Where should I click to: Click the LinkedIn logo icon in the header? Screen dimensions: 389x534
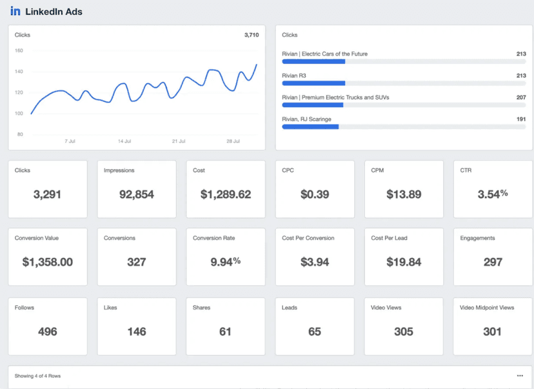click(x=15, y=12)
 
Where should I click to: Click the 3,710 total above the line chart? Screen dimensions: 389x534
click(x=252, y=35)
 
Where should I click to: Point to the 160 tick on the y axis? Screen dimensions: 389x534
click(x=19, y=50)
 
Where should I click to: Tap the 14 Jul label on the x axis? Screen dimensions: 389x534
click(x=124, y=141)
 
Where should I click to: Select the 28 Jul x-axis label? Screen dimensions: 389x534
click(x=233, y=141)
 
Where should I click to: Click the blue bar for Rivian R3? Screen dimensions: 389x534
click(x=313, y=83)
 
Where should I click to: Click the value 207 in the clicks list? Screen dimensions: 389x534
click(x=521, y=97)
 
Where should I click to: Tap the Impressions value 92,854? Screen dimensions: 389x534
click(x=137, y=194)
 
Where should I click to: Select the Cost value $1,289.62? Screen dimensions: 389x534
click(x=226, y=194)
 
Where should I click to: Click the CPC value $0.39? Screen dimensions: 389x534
click(x=315, y=194)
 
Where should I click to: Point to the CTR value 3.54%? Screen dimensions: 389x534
click(x=493, y=194)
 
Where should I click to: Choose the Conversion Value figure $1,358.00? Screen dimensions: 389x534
click(x=48, y=262)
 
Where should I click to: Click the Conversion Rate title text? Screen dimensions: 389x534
click(x=214, y=238)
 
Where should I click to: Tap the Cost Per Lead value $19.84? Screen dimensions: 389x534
click(x=404, y=262)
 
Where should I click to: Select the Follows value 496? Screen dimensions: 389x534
click(x=48, y=332)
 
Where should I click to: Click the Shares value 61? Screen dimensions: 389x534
click(x=226, y=332)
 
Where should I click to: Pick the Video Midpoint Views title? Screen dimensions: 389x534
click(x=486, y=308)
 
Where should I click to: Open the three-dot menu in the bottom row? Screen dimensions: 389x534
click(x=520, y=375)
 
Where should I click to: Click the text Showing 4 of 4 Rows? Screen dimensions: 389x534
click(x=37, y=375)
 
